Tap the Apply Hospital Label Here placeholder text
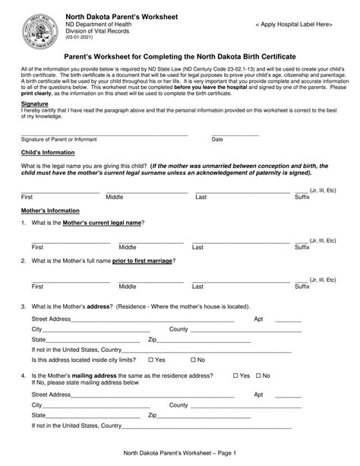pyautogui.click(x=294, y=25)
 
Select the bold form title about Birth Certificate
pyautogui.click(x=180, y=58)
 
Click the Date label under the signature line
pyautogui.click(x=217, y=139)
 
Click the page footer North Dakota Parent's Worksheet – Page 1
pyautogui.click(x=180, y=454)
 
